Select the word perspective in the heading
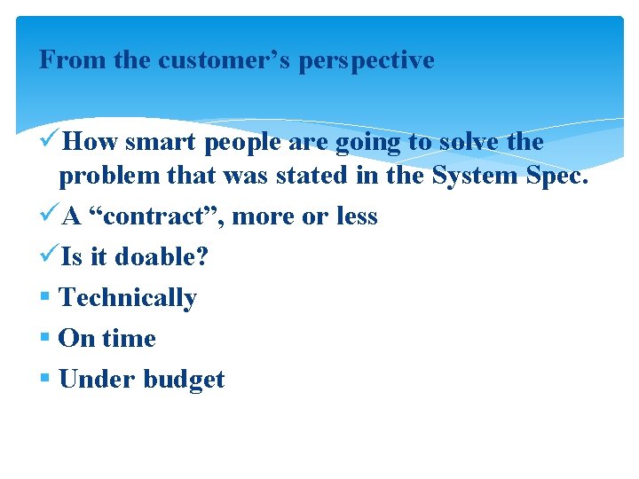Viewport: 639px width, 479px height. click(367, 60)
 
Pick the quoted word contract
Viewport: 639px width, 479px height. click(157, 216)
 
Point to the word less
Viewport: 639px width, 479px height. click(355, 216)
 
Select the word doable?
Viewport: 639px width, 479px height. click(162, 257)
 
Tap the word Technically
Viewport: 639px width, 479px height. click(127, 298)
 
